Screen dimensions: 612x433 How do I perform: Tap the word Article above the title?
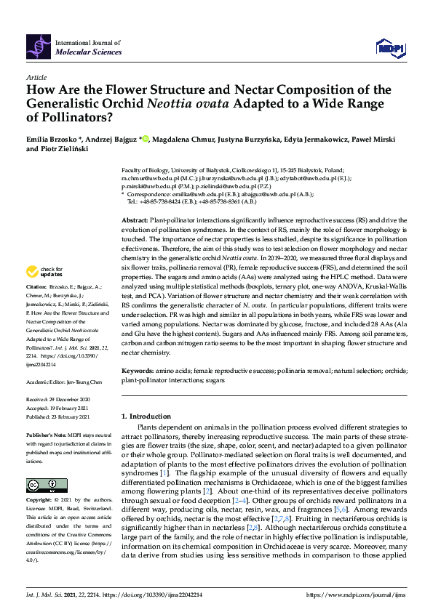(36, 77)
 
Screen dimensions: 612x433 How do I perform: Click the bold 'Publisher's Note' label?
(46, 434)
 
